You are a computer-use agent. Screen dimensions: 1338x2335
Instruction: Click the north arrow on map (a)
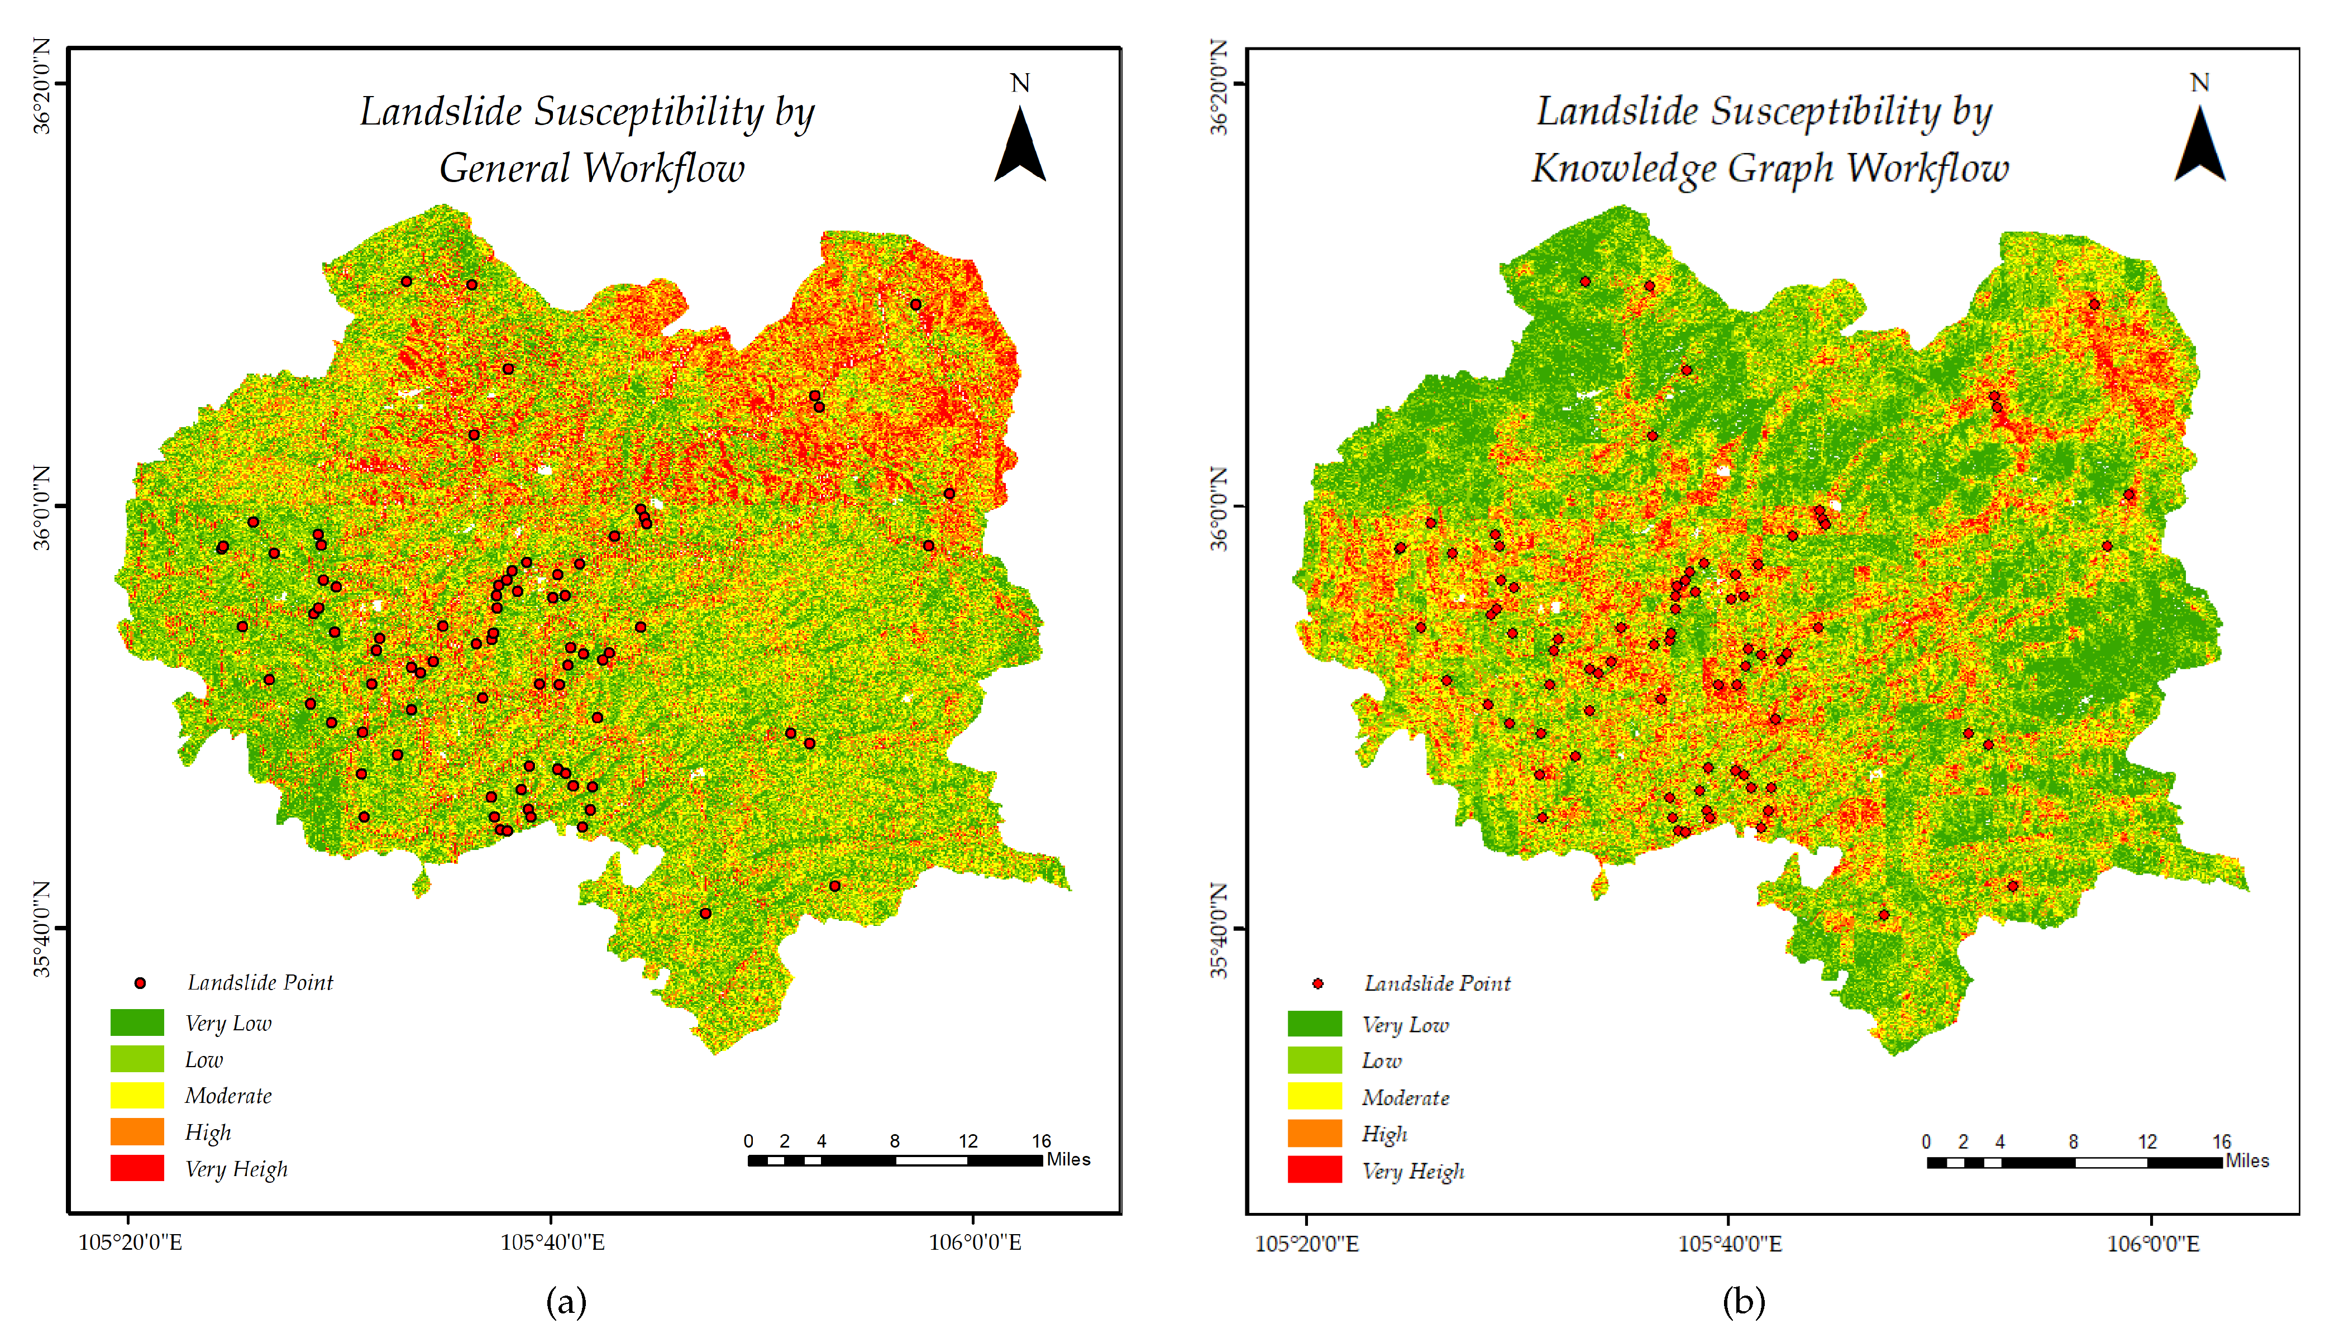click(1020, 145)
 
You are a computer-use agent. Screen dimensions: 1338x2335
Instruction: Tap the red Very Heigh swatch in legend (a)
click(137, 1168)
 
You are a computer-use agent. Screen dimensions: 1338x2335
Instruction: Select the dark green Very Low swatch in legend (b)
click(1314, 1024)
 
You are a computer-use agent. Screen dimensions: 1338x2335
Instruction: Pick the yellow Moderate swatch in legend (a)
click(137, 1096)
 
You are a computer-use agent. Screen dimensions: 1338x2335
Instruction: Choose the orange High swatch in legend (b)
click(1314, 1133)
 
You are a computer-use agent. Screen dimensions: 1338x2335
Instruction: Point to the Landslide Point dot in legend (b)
click(1318, 984)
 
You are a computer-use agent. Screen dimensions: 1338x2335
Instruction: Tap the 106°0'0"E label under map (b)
click(2153, 1244)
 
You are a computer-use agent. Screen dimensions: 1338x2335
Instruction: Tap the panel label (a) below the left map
click(566, 1302)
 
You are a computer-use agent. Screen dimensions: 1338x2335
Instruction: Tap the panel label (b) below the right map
click(1743, 1302)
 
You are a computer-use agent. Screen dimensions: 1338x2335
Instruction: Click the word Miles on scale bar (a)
click(1069, 1160)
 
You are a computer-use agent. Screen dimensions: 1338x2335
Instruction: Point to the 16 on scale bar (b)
click(2221, 1142)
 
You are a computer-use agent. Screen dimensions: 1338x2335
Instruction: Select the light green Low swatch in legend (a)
click(137, 1059)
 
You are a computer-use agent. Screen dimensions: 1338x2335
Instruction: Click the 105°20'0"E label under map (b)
click(1307, 1244)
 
